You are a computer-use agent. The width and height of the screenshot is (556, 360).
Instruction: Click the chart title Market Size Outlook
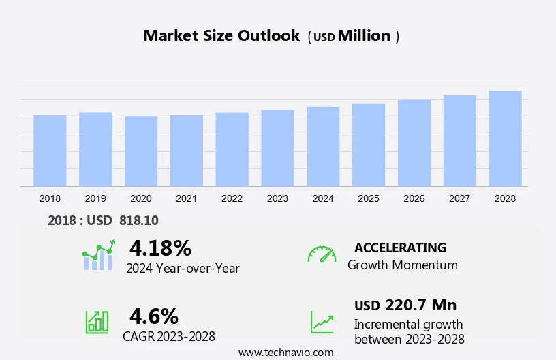pos(221,36)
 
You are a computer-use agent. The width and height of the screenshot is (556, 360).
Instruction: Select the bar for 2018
pos(50,151)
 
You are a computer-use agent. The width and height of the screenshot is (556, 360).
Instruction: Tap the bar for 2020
pos(141,151)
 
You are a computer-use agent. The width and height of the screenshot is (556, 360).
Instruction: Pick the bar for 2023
pos(277,148)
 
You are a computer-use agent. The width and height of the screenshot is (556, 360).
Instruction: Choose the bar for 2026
pos(414,143)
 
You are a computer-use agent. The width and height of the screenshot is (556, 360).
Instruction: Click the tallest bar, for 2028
pos(505,138)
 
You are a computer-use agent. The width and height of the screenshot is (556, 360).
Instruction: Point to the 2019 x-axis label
pos(95,198)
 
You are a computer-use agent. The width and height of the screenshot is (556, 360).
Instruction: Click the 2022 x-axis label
pos(232,198)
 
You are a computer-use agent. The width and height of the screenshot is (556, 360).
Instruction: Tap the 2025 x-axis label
pos(369,198)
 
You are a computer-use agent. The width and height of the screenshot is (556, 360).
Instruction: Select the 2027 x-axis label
pos(459,198)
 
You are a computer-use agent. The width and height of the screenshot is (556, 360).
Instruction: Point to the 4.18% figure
pos(160,247)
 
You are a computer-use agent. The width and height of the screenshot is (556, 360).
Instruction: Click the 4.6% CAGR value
pos(154,316)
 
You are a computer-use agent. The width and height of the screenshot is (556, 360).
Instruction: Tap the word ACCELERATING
pos(400,247)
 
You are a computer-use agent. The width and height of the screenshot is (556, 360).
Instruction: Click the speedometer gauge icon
pos(322,254)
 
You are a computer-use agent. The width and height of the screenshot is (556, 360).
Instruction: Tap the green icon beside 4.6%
pos(97,322)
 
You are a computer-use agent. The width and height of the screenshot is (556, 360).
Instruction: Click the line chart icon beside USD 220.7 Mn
pos(322,322)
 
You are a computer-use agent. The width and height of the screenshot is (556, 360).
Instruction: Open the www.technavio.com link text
pos(285,352)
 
